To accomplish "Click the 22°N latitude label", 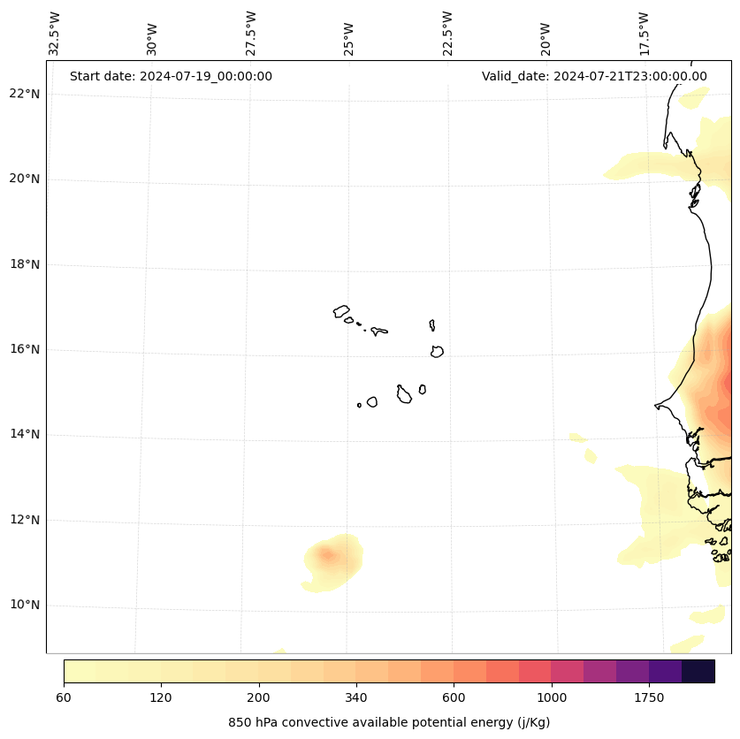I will (25, 94).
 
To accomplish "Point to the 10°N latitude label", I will (25, 606).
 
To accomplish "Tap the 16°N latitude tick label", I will (25, 349).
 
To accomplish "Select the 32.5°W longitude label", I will (55, 34).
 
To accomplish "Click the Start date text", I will (171, 76).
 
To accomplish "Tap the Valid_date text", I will (594, 76).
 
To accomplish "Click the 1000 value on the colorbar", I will (552, 697).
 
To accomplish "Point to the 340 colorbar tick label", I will (356, 697).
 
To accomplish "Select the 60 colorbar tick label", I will (64, 697).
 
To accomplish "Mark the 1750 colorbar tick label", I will (649, 697).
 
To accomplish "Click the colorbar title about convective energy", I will (389, 722).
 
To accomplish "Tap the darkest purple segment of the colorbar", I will (698, 671).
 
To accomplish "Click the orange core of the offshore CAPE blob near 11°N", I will (327, 555).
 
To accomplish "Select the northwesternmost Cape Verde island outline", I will (341, 311).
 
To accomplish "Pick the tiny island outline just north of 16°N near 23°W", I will (432, 325).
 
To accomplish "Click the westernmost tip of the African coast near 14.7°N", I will (656, 406).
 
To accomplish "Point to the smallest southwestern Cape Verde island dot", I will (359, 405).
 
